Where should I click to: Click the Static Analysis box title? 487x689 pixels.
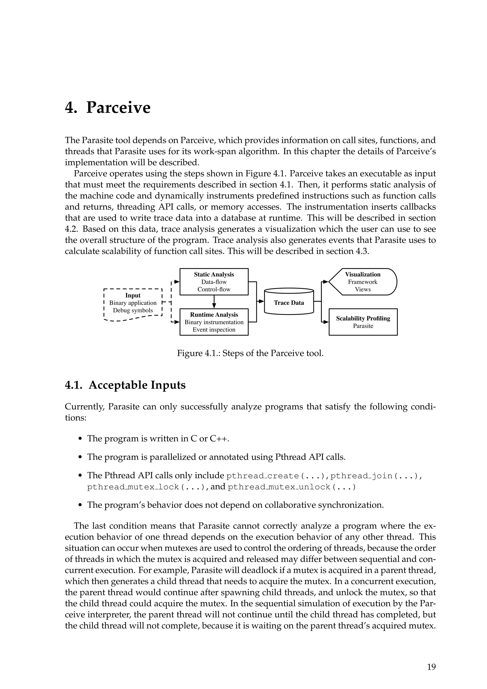point(214,274)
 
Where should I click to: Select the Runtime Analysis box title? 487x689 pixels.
point(214,315)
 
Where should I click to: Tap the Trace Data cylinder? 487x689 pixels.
point(289,302)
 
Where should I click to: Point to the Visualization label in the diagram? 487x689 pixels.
point(363,274)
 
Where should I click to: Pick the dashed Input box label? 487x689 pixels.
point(133,295)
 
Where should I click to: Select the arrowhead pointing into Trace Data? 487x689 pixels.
point(261,301)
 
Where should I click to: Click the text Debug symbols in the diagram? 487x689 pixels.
point(133,310)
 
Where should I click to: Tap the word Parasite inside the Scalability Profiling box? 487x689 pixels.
point(363,326)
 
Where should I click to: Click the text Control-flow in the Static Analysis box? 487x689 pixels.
point(214,289)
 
